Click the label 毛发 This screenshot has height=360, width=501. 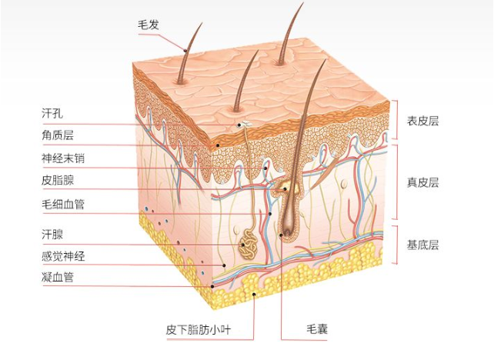click(149, 25)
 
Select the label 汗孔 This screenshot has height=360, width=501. click(52, 113)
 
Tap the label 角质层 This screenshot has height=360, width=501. click(58, 135)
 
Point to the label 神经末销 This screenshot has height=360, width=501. click(63, 158)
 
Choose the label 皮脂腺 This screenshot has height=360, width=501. click(58, 181)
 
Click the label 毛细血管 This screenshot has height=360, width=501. click(63, 204)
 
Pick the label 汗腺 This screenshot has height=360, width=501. click(52, 235)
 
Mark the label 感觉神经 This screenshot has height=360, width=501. click(63, 256)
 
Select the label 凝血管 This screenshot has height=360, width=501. click(58, 277)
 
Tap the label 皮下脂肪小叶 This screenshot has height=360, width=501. click(198, 329)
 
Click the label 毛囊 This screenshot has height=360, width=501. click(317, 328)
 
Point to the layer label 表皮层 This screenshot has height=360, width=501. click(423, 121)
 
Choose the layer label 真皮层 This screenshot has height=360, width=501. click(423, 182)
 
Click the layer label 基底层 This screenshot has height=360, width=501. click(423, 245)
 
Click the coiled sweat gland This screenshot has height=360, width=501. click(249, 245)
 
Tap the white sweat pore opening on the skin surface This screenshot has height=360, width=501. click(245, 124)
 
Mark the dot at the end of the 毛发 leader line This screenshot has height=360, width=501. click(185, 49)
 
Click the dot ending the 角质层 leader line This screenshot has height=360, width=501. click(218, 145)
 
